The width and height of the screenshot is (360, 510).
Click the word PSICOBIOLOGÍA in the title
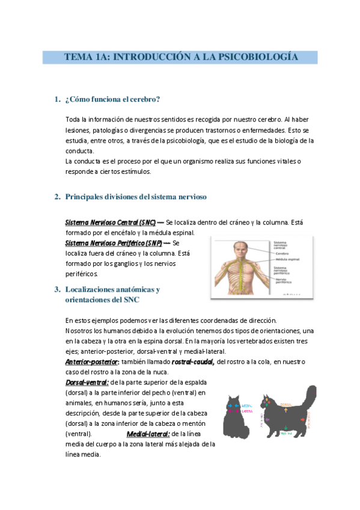(x=261, y=57)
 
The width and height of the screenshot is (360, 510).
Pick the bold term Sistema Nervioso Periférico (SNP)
(x=114, y=243)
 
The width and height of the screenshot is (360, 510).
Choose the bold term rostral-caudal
(x=192, y=361)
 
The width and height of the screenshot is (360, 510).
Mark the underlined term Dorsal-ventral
(x=87, y=382)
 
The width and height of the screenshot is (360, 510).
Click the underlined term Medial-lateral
(x=148, y=433)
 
